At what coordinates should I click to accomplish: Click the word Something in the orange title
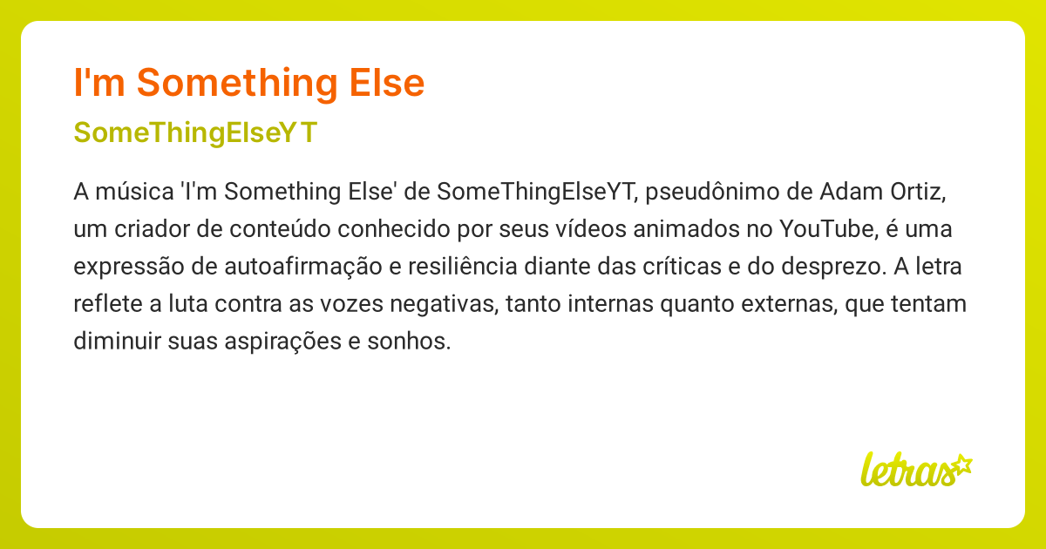tap(235, 83)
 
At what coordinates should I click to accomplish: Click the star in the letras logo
tap(961, 464)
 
